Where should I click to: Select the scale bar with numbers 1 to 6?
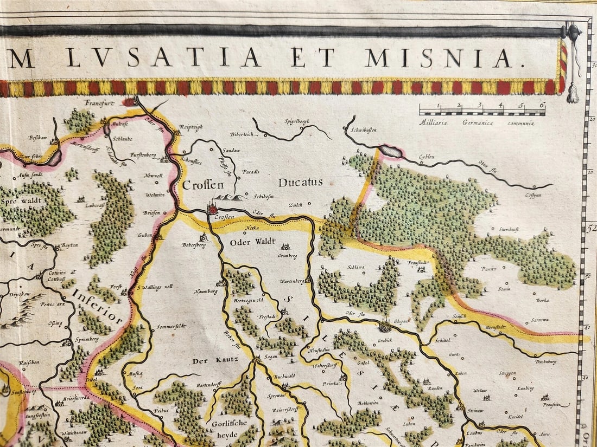[x=482, y=110]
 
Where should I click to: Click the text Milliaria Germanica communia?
[x=476, y=123]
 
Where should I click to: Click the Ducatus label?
[x=301, y=183]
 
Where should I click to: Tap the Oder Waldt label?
[x=253, y=242]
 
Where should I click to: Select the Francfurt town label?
[x=101, y=102]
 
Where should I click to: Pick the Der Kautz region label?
[x=215, y=360]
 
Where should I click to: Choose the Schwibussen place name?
[x=364, y=130]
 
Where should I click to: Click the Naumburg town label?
[x=206, y=291]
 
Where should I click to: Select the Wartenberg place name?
[x=291, y=281]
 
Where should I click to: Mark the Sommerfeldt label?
[x=171, y=326]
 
